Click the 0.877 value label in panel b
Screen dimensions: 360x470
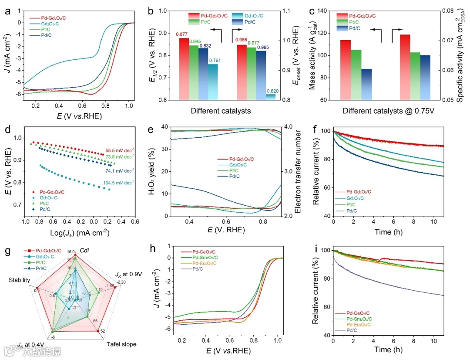(x=182, y=34)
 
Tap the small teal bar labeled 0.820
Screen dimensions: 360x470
(x=271, y=97)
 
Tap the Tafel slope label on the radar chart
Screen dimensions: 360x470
(x=121, y=344)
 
